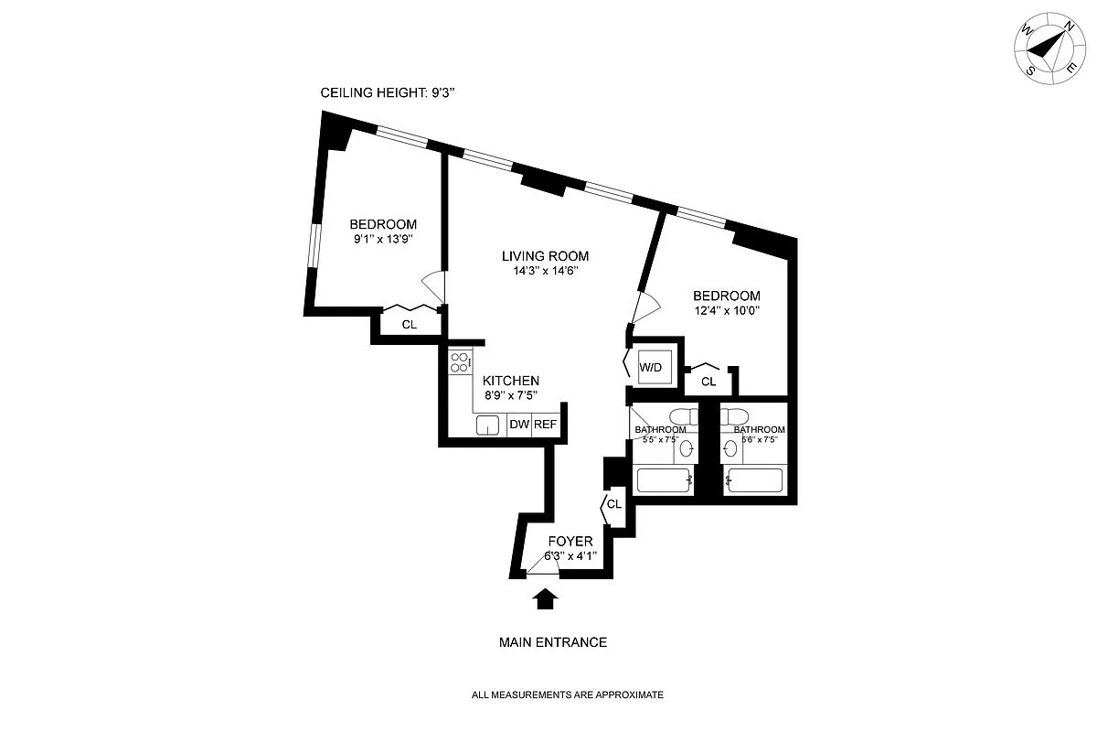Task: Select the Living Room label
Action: point(546,256)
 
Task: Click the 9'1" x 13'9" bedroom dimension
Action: point(383,241)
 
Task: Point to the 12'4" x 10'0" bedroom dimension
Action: point(726,311)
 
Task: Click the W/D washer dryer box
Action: point(651,367)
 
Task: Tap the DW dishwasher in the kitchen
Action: point(519,425)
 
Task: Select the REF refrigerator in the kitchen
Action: point(545,425)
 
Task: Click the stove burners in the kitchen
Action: point(460,361)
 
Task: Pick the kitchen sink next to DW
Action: point(488,425)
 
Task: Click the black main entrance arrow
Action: point(545,599)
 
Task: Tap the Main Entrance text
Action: point(552,642)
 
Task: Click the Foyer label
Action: point(570,542)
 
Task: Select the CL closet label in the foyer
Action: point(614,504)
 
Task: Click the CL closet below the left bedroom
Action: point(410,324)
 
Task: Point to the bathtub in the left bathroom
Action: point(662,480)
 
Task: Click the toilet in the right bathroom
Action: point(734,416)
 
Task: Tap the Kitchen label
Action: point(510,381)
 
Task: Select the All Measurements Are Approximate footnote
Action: point(567,695)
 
